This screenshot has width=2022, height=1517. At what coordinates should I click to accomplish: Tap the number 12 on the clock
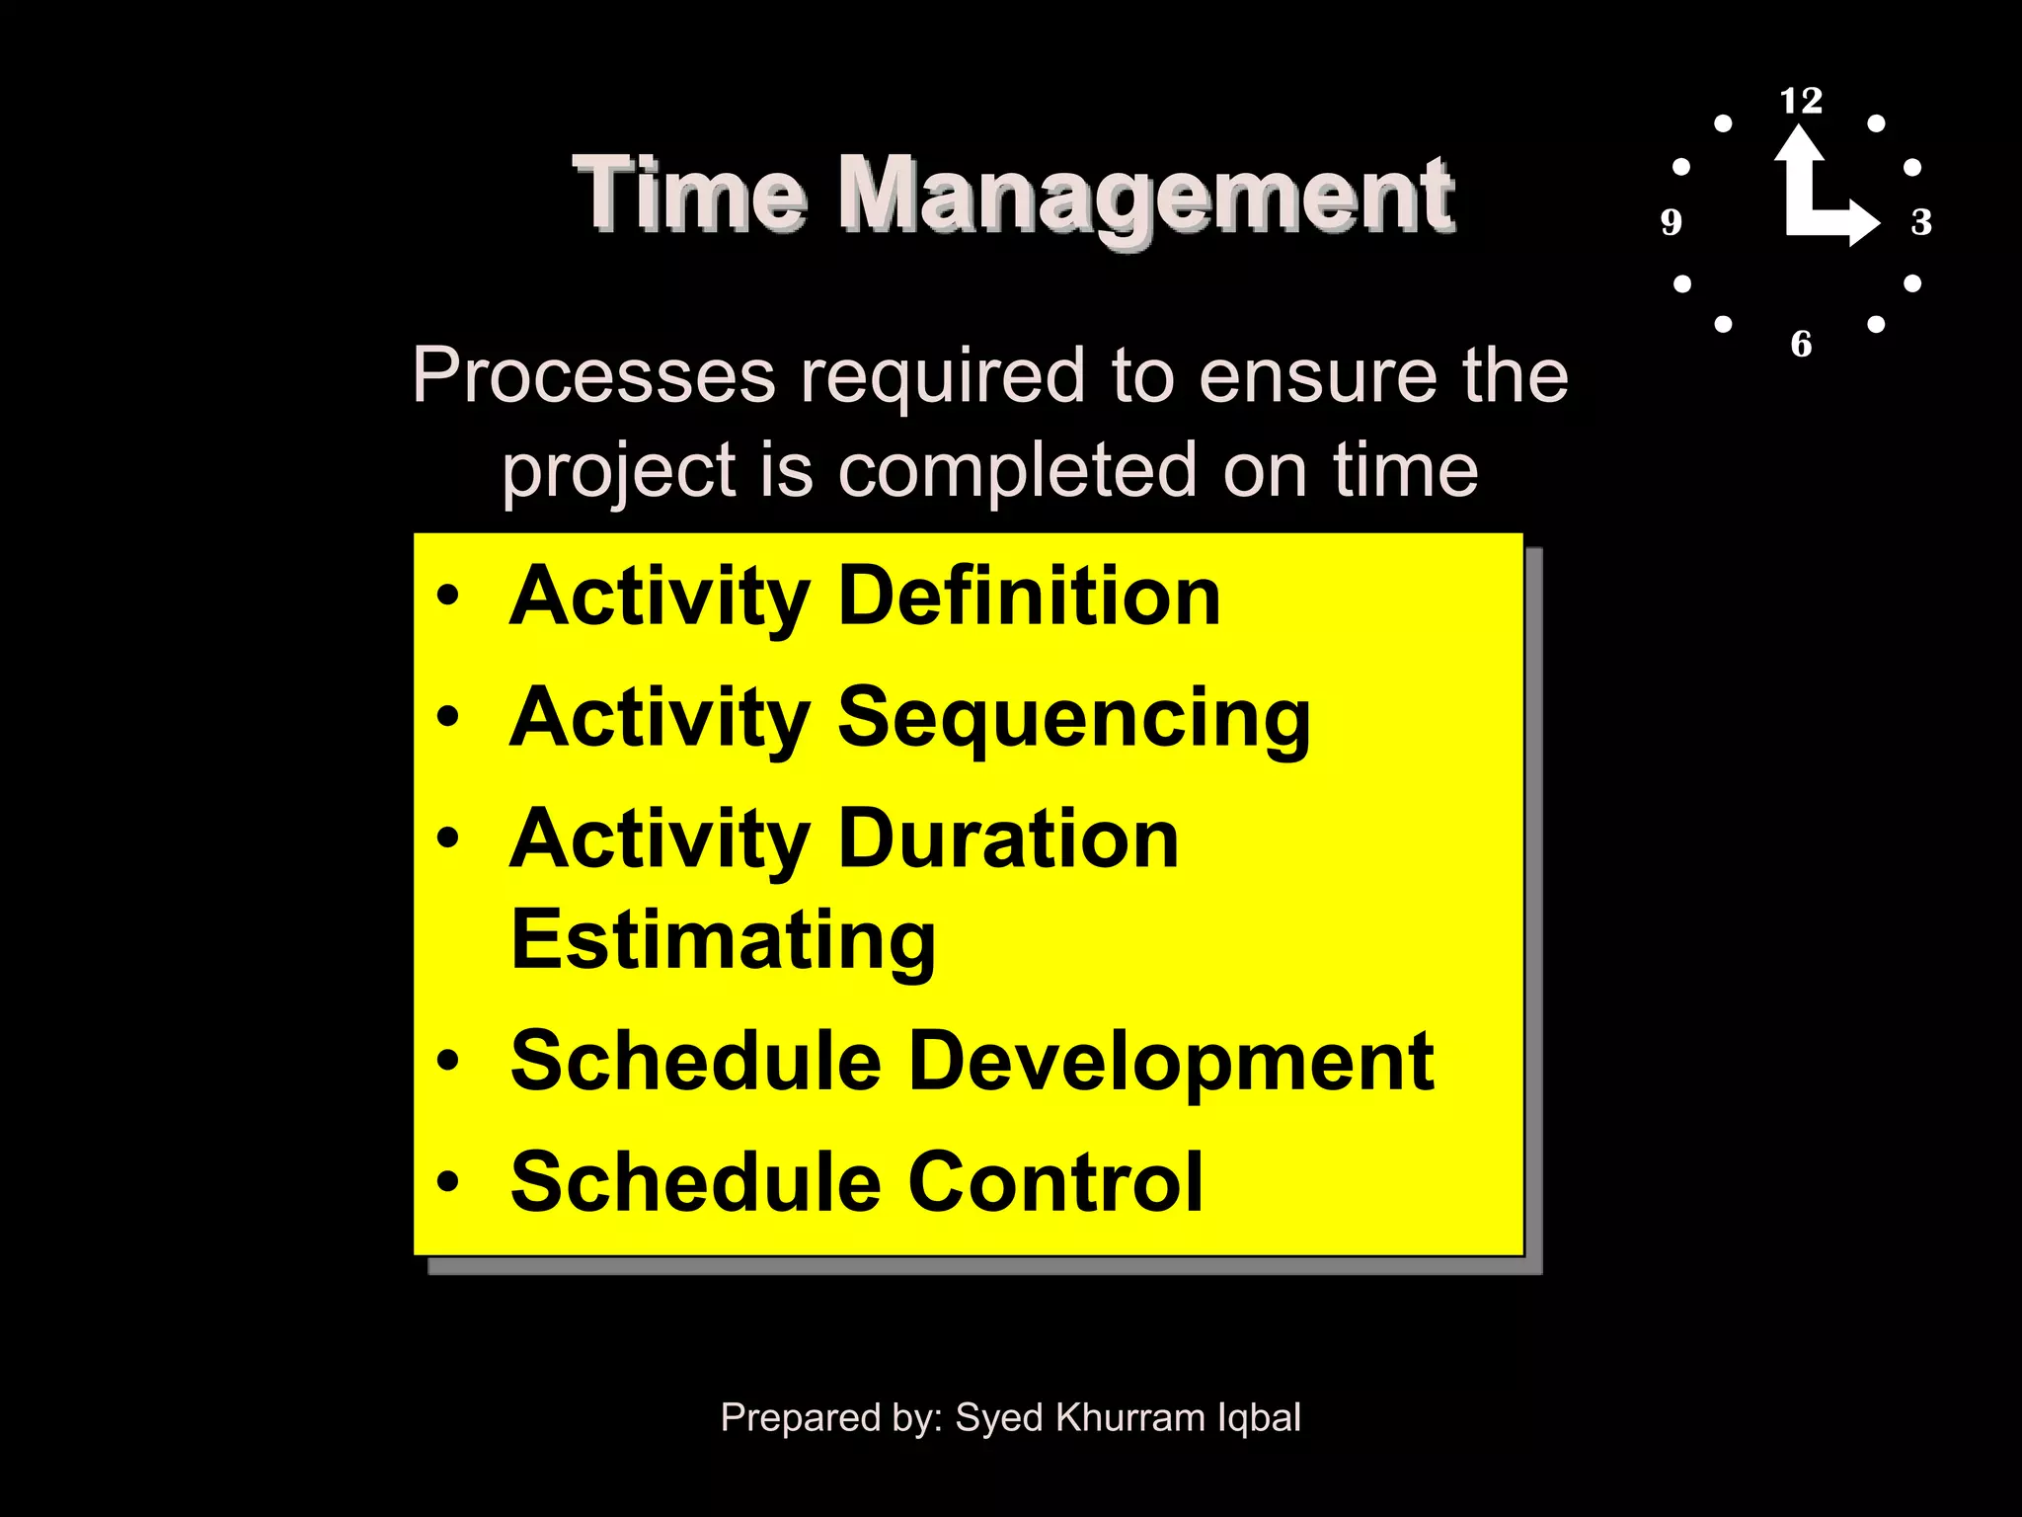[1801, 101]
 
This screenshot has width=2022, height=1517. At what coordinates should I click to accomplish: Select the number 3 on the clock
[1921, 222]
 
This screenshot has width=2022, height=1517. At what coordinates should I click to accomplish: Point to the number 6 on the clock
[1801, 344]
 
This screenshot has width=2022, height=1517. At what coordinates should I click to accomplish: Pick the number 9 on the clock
[1671, 222]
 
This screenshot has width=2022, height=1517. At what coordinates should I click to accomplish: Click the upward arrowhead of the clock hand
[1799, 144]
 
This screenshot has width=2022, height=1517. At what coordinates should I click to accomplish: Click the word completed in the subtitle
[1017, 470]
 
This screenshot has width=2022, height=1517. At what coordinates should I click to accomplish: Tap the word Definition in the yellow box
[1029, 597]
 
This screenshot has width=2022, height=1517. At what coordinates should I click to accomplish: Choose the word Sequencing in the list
[1073, 719]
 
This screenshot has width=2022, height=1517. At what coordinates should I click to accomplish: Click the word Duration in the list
[1008, 839]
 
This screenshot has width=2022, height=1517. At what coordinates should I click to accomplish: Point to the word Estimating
[723, 941]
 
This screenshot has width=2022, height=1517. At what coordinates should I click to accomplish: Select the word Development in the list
[1170, 1062]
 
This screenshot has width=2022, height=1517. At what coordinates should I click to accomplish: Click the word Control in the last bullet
[1054, 1182]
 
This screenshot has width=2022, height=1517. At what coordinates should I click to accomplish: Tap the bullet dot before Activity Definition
[448, 596]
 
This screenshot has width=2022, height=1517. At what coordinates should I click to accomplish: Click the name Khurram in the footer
[1129, 1418]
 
